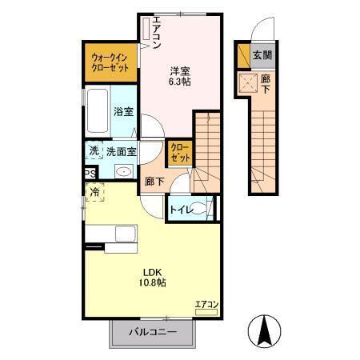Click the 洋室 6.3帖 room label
click(x=179, y=74)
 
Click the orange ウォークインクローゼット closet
click(x=111, y=63)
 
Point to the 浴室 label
click(x=123, y=113)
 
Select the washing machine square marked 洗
click(x=94, y=150)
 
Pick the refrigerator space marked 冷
click(x=95, y=192)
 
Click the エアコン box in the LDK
click(x=206, y=304)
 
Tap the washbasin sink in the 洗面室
click(x=124, y=172)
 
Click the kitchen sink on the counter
click(x=126, y=235)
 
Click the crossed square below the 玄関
click(x=247, y=82)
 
